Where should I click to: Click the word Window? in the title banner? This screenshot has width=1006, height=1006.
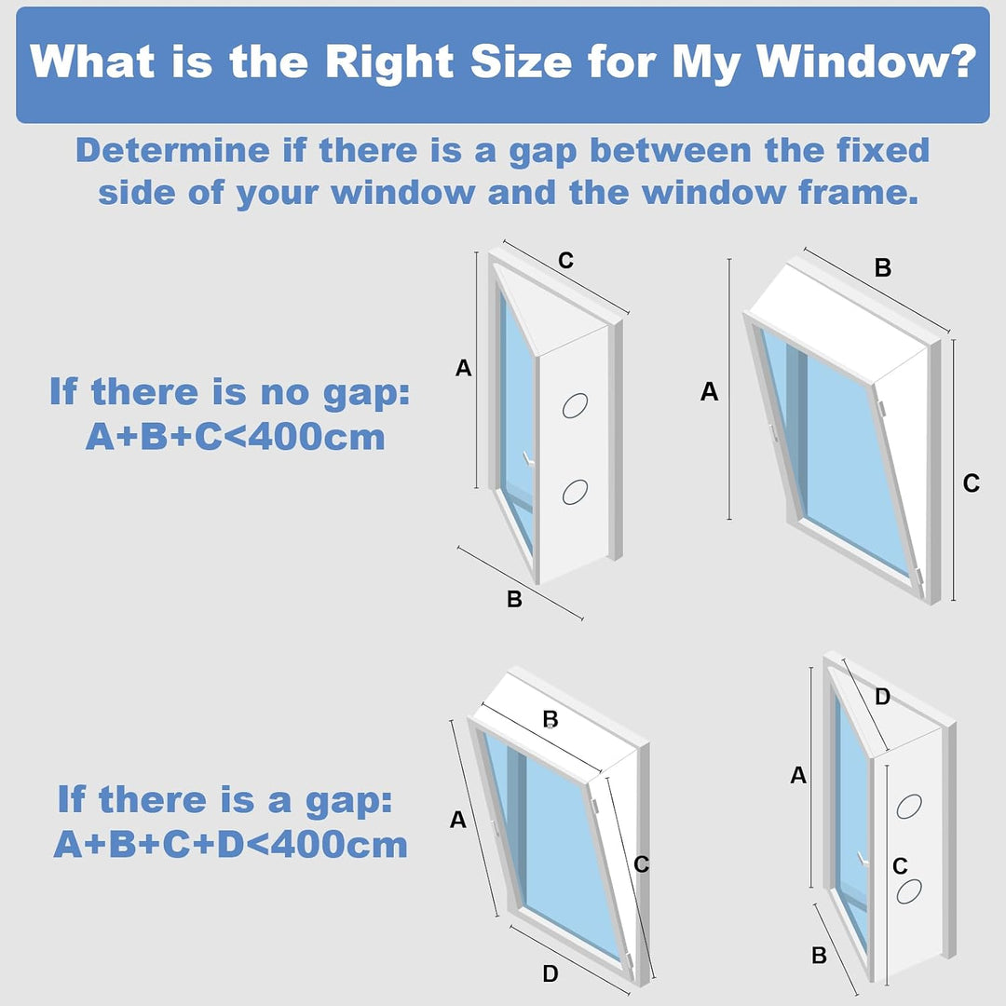pos(867,62)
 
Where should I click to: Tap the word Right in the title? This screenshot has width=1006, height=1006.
pos(390,63)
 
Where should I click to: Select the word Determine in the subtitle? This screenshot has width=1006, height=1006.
pos(172,150)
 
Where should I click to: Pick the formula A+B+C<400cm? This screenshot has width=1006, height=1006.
pos(236,437)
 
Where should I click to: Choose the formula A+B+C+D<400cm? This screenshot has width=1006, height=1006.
pos(230,844)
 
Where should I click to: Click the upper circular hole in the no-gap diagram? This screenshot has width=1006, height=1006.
pos(575,405)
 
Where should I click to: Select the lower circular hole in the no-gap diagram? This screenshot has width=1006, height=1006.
pos(575,492)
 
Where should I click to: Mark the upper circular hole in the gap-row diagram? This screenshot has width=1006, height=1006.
pos(909,806)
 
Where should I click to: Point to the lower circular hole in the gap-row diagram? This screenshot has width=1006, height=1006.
pos(909,890)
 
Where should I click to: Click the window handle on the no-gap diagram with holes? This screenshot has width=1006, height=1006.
pos(528,459)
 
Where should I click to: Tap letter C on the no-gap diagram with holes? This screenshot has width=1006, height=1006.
pos(566,261)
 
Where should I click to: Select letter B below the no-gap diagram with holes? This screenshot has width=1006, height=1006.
pos(514,599)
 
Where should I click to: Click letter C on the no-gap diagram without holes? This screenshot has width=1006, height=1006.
pos(972,483)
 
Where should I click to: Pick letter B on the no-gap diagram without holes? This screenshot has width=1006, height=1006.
pos(883,267)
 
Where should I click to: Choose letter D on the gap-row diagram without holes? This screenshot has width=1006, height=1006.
pos(551,973)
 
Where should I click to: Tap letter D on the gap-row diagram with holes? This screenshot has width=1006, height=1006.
pos(883,696)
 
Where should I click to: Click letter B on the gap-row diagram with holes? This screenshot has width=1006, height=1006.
pos(820,956)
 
